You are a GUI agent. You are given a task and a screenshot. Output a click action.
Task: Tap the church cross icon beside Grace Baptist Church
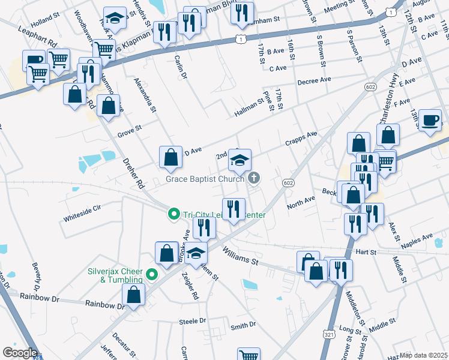[x=254, y=177]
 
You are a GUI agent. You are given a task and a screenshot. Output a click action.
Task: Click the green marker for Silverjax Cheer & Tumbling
[x=152, y=275]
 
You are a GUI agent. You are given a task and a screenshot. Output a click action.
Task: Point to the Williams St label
[x=241, y=257]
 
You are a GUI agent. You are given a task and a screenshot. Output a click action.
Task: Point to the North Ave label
[x=301, y=202]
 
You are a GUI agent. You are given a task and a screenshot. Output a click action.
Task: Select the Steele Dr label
[x=192, y=321]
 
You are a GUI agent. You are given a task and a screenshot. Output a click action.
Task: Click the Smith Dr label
[x=243, y=325]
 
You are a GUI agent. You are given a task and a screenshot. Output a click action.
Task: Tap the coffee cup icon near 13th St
[x=430, y=120]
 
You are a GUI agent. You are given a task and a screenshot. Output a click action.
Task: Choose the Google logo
[x=20, y=353]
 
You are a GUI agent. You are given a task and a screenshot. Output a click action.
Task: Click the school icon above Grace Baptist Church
[x=240, y=160]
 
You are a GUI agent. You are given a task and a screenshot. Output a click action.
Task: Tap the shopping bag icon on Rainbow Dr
[x=133, y=295]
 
